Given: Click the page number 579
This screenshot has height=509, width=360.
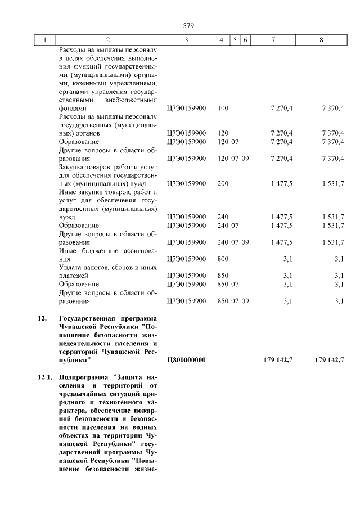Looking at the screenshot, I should click(x=188, y=25).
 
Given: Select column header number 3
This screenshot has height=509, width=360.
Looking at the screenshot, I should click(x=186, y=40).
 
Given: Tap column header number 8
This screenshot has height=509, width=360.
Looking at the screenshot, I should click(x=321, y=40).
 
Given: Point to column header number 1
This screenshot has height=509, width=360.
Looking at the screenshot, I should click(x=44, y=40).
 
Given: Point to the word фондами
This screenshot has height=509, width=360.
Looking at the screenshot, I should click(x=73, y=108).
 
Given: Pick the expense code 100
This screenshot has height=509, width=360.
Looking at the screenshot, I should click(x=223, y=108).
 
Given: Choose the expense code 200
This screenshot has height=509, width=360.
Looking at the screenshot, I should click(x=223, y=183).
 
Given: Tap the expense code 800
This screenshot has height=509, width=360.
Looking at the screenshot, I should click(x=223, y=259).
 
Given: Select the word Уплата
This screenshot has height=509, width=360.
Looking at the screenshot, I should click(x=71, y=268).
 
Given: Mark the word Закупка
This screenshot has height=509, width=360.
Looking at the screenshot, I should click(x=73, y=166).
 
